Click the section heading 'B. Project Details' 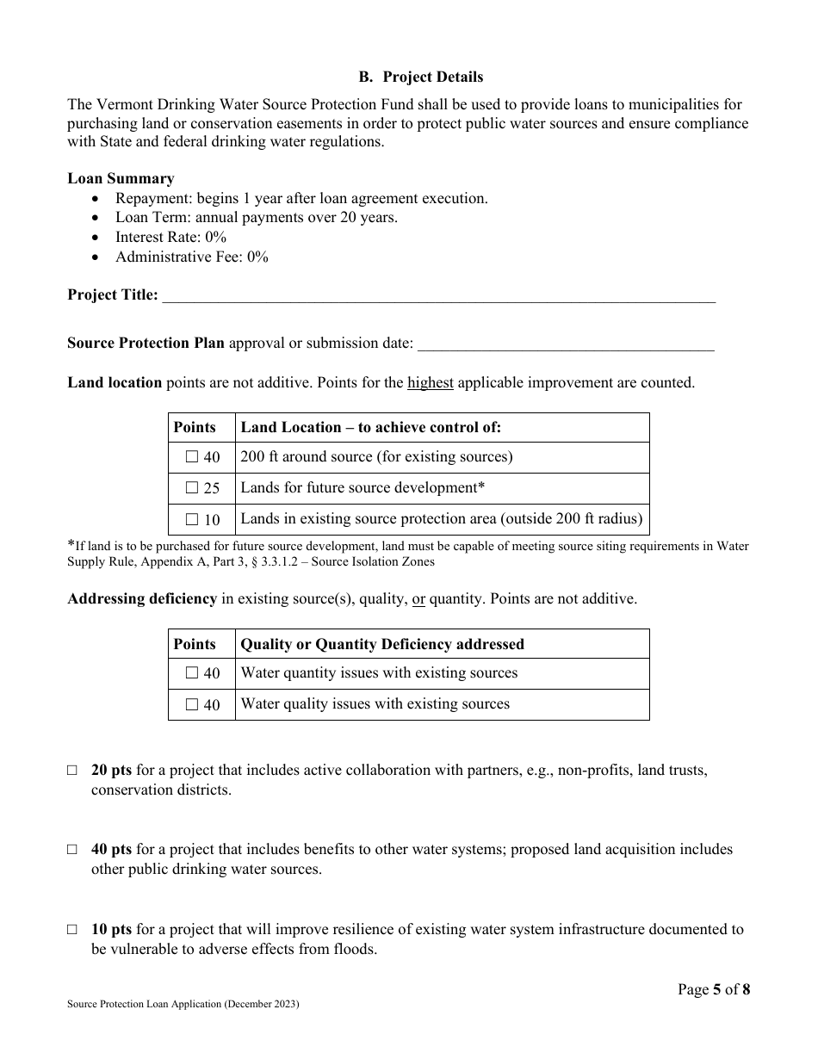pos(420,77)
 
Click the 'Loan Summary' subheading pos(121,179)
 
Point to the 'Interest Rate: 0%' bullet pos(171,237)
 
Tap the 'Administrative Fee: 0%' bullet pos(192,257)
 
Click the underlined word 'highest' pos(431,383)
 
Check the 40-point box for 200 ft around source pos(192,457)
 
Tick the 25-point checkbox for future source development pos(192,488)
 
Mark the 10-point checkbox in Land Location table pos(192,519)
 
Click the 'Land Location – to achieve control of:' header pos(370,427)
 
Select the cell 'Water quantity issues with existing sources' pos(379,673)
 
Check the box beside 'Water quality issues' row pos(192,704)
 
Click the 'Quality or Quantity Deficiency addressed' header pos(382,644)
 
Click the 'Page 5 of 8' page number pos(714,990)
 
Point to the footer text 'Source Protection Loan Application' pos(183,1005)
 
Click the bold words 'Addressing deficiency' pos(142,599)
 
